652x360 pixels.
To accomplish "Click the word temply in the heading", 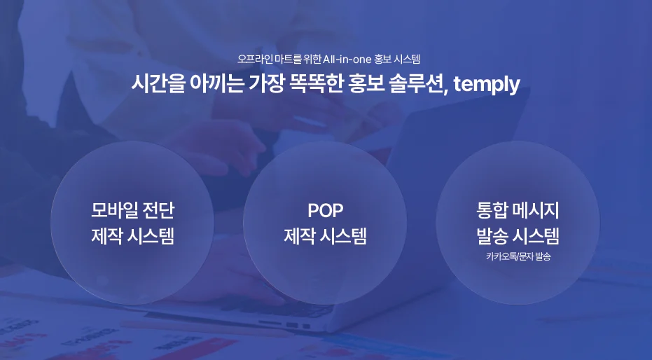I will click(x=487, y=85).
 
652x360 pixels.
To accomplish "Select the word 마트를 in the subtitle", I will click(x=284, y=60).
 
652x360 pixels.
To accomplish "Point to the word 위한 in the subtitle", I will click(x=311, y=60).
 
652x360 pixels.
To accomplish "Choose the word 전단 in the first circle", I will click(x=158, y=210).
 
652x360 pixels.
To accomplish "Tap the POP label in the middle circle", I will click(x=326, y=210).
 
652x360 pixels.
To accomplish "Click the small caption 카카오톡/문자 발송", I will click(x=518, y=257).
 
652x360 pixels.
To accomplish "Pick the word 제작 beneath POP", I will click(x=300, y=236).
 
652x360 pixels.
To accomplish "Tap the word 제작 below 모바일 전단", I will click(x=107, y=236).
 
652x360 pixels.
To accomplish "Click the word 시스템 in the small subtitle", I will click(x=407, y=60).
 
